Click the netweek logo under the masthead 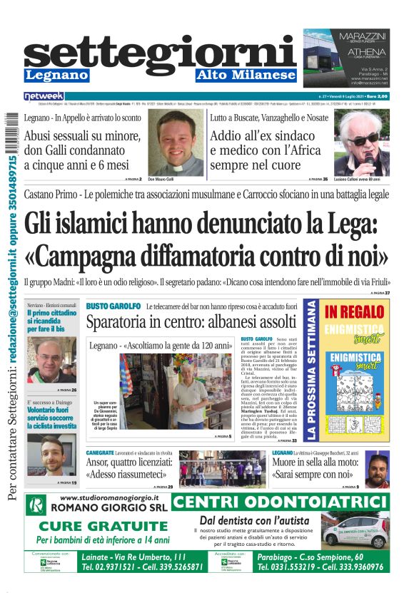coord(44,95)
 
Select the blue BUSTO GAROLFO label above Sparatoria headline coord(113,306)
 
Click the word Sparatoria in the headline coord(123,322)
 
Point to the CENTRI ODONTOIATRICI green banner coord(280,502)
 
